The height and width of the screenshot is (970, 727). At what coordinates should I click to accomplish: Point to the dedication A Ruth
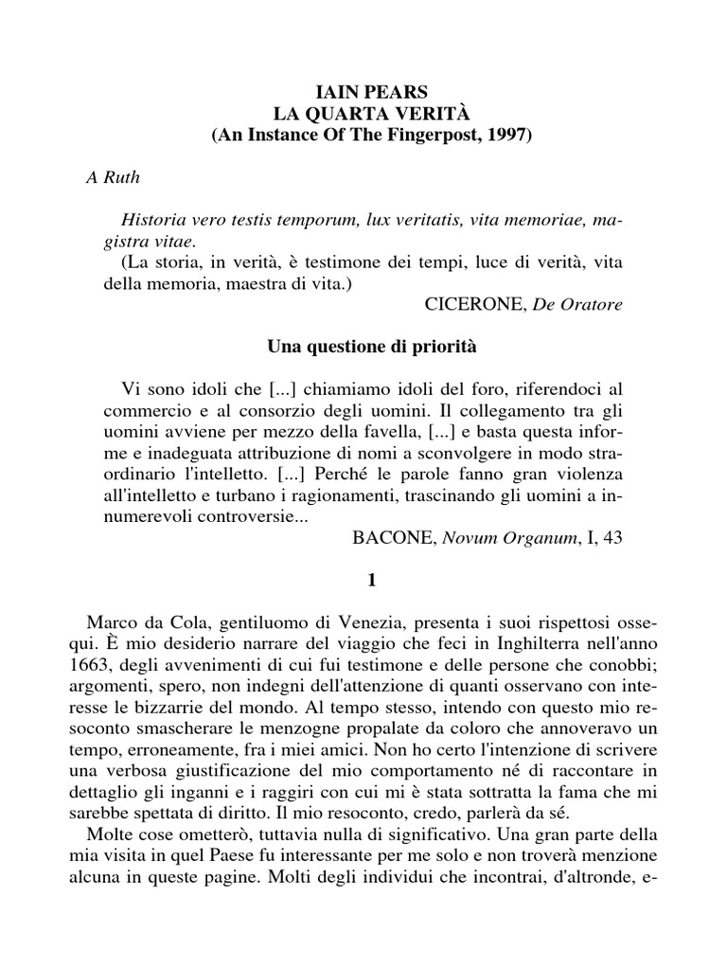tap(107, 180)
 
